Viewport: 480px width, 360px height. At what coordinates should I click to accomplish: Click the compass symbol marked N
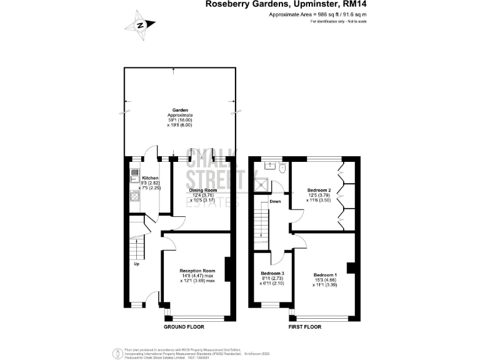tap(140, 26)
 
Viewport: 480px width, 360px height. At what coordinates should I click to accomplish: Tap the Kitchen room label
tap(141, 178)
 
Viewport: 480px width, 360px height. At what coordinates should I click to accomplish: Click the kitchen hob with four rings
tap(133, 196)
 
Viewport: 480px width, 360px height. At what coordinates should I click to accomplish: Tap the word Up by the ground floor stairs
tap(137, 263)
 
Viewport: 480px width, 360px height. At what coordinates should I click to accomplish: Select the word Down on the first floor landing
tap(276, 201)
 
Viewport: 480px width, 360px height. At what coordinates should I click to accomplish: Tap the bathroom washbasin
tap(269, 166)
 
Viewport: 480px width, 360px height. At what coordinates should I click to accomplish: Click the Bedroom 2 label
tap(319, 189)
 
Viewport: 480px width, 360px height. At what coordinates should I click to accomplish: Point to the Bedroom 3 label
tap(272, 274)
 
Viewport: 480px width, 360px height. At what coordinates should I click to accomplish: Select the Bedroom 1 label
tap(325, 275)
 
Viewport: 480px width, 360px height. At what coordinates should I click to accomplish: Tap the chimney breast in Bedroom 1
tap(351, 269)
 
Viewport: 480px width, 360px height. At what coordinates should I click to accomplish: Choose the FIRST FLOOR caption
tap(304, 327)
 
